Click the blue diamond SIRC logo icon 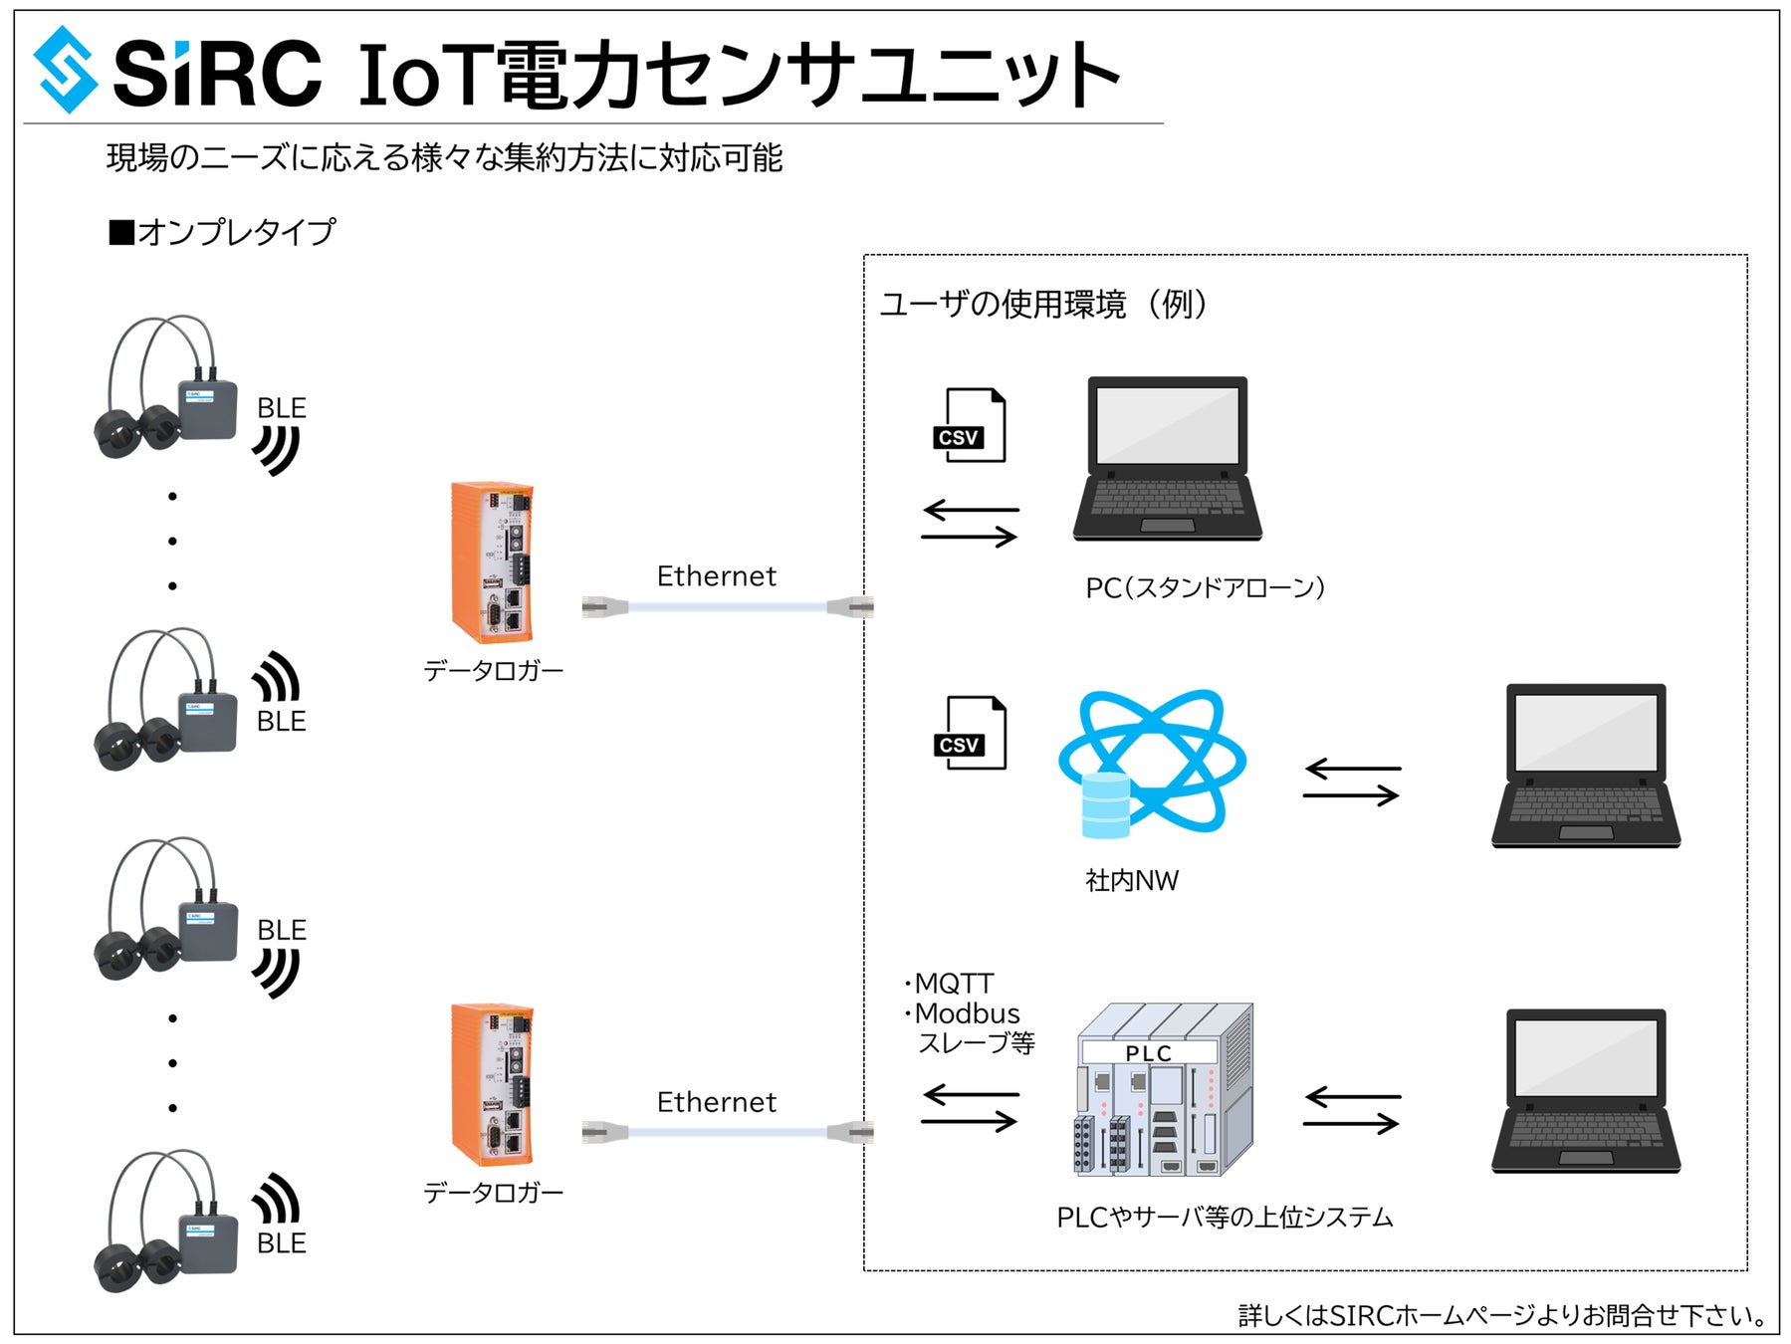click(66, 70)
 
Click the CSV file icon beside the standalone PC click(970, 426)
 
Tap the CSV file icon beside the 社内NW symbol click(970, 734)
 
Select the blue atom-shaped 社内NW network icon click(1152, 762)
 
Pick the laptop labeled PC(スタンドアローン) click(1167, 459)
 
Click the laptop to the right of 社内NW click(1585, 766)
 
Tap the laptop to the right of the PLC click(1585, 1091)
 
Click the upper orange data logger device click(492, 562)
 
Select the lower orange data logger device click(492, 1084)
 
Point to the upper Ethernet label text click(716, 576)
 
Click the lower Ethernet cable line click(728, 1131)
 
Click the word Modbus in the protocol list click(967, 1013)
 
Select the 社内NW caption click(1131, 880)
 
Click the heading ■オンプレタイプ click(222, 232)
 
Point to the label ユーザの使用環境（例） click(1043, 304)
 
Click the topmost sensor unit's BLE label click(281, 408)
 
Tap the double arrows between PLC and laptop click(1352, 1110)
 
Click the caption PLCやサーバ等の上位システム click(1225, 1217)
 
